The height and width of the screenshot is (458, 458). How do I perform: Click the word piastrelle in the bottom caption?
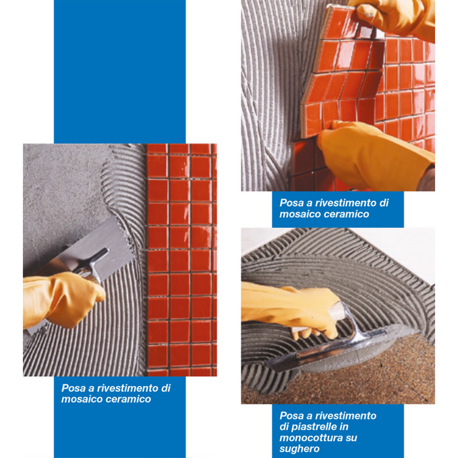[313, 427]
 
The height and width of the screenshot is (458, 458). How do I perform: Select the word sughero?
[299, 449]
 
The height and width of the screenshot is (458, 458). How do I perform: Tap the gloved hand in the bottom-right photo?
[292, 309]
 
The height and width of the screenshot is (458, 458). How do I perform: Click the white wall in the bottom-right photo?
[403, 248]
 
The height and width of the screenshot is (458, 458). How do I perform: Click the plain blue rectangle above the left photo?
[120, 71]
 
